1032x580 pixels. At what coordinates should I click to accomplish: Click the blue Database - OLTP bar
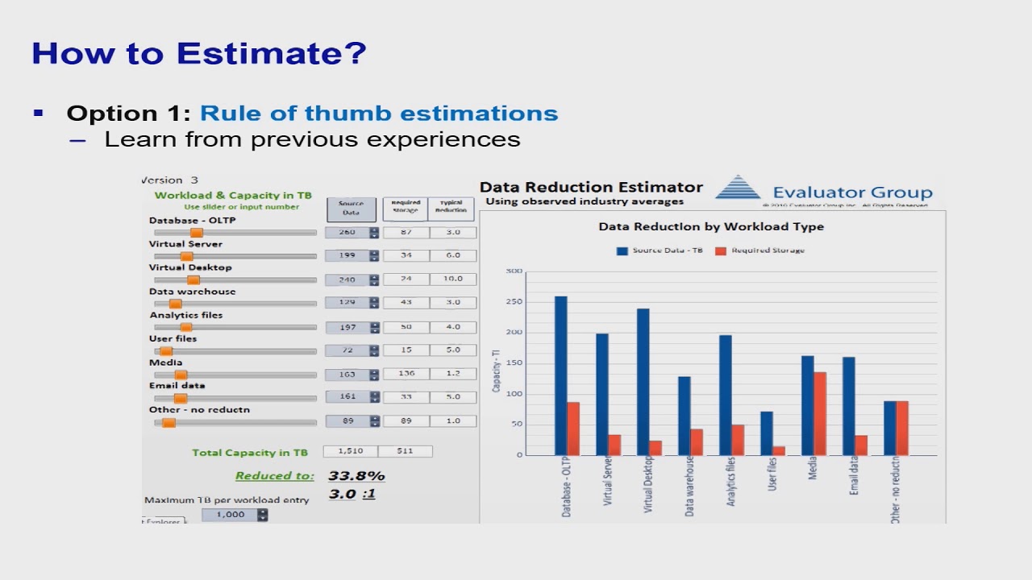560,375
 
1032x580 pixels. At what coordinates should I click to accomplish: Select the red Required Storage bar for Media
820,413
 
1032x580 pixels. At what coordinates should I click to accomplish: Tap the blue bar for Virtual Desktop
643,382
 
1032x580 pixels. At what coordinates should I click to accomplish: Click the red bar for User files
779,450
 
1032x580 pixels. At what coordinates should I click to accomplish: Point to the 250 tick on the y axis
514,302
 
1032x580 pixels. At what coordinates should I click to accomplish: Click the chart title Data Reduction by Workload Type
710,226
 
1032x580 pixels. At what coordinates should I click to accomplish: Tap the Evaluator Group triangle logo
738,188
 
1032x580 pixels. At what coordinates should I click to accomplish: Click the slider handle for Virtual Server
186,256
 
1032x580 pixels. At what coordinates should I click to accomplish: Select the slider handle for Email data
181,398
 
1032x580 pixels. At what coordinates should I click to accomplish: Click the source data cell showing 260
347,232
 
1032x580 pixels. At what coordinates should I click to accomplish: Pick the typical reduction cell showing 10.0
452,279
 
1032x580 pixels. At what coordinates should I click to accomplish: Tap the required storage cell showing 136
406,374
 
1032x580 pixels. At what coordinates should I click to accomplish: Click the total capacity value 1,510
350,451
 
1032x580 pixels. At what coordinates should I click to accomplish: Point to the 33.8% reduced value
356,476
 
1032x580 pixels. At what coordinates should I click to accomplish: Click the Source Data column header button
351,209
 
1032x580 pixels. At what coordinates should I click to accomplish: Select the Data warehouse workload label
192,292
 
